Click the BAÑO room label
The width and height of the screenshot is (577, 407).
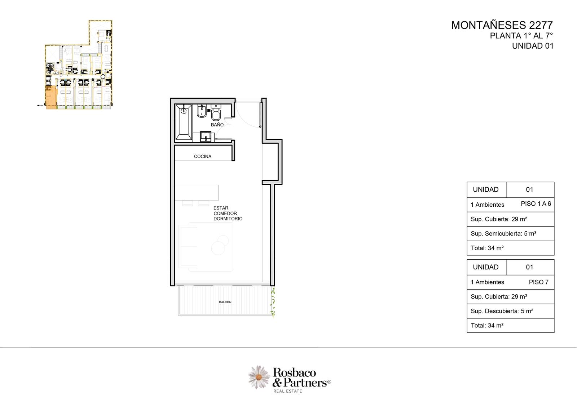217,125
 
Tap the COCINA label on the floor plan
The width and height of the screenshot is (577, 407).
202,156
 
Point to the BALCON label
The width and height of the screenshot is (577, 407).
225,302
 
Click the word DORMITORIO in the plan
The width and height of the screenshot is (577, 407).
228,219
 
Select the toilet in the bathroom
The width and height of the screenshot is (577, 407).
216,113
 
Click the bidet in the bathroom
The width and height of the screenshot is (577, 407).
202,111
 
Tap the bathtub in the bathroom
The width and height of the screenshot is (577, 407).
184,122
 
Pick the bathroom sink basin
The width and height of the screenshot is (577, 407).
206,137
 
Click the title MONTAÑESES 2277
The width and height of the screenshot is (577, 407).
502,25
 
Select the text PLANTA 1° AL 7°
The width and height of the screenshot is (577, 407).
521,36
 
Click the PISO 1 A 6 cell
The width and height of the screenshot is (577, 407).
536,204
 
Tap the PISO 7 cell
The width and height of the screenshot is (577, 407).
539,282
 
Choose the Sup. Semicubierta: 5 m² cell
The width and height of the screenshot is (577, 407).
511,234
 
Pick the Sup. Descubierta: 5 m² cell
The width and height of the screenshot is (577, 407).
511,311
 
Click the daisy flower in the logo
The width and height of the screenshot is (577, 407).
259,377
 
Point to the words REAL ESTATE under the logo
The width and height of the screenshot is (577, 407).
287,391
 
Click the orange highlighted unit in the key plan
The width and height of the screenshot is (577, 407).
51,97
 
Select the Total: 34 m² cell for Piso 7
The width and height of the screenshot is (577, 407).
511,326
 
